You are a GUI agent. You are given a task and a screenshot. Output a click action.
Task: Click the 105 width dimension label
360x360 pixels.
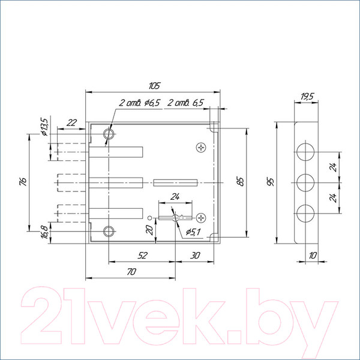154,86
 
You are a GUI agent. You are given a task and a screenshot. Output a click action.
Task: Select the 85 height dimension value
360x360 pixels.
241,181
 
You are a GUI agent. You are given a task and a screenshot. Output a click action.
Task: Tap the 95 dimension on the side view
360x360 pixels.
271,181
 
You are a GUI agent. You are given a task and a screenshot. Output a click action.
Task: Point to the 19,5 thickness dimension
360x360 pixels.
307,97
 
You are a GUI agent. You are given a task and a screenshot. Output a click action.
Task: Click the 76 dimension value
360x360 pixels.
23,181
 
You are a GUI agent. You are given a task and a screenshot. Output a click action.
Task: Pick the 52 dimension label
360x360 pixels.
142,256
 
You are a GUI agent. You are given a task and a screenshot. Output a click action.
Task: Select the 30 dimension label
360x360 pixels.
195,256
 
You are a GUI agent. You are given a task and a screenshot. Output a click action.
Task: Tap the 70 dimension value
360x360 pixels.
131,272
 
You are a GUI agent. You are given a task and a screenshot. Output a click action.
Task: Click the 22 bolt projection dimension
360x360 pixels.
71,123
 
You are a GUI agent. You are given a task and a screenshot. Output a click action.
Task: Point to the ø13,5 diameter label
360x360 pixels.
44,127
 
